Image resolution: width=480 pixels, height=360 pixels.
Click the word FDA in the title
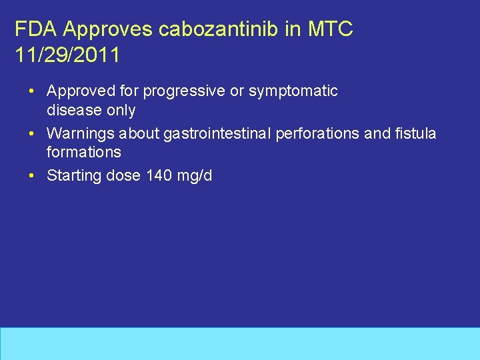[x=31, y=29]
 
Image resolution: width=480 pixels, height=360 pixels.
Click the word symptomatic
[x=293, y=91]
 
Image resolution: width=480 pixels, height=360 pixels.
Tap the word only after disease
[x=121, y=110]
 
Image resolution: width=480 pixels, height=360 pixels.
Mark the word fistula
[x=414, y=134]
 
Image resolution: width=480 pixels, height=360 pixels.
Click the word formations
[x=84, y=152]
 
